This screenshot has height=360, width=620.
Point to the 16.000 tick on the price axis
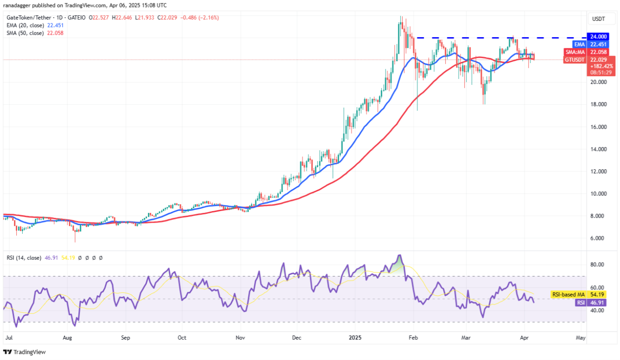click(600, 127)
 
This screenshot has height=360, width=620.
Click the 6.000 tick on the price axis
click(600, 238)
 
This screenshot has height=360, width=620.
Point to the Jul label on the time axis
click(8, 338)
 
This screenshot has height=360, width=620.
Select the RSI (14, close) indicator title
click(23, 257)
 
